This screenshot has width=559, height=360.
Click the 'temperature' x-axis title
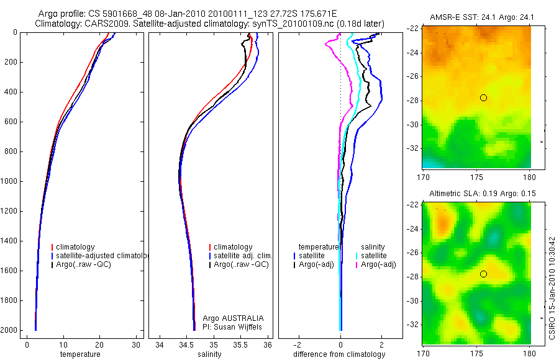(80, 354)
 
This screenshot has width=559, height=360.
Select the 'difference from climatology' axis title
(340, 354)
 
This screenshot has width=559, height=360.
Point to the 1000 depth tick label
(9, 181)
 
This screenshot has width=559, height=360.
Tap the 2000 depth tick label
(9, 330)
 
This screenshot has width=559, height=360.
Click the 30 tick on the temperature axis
(137, 345)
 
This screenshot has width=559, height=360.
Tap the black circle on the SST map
(483, 97)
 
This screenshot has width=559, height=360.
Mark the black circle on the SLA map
(483, 274)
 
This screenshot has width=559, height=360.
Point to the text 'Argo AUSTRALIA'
(229, 318)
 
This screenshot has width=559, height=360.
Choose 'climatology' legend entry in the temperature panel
(75, 247)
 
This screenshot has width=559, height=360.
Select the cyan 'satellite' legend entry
(374, 256)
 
